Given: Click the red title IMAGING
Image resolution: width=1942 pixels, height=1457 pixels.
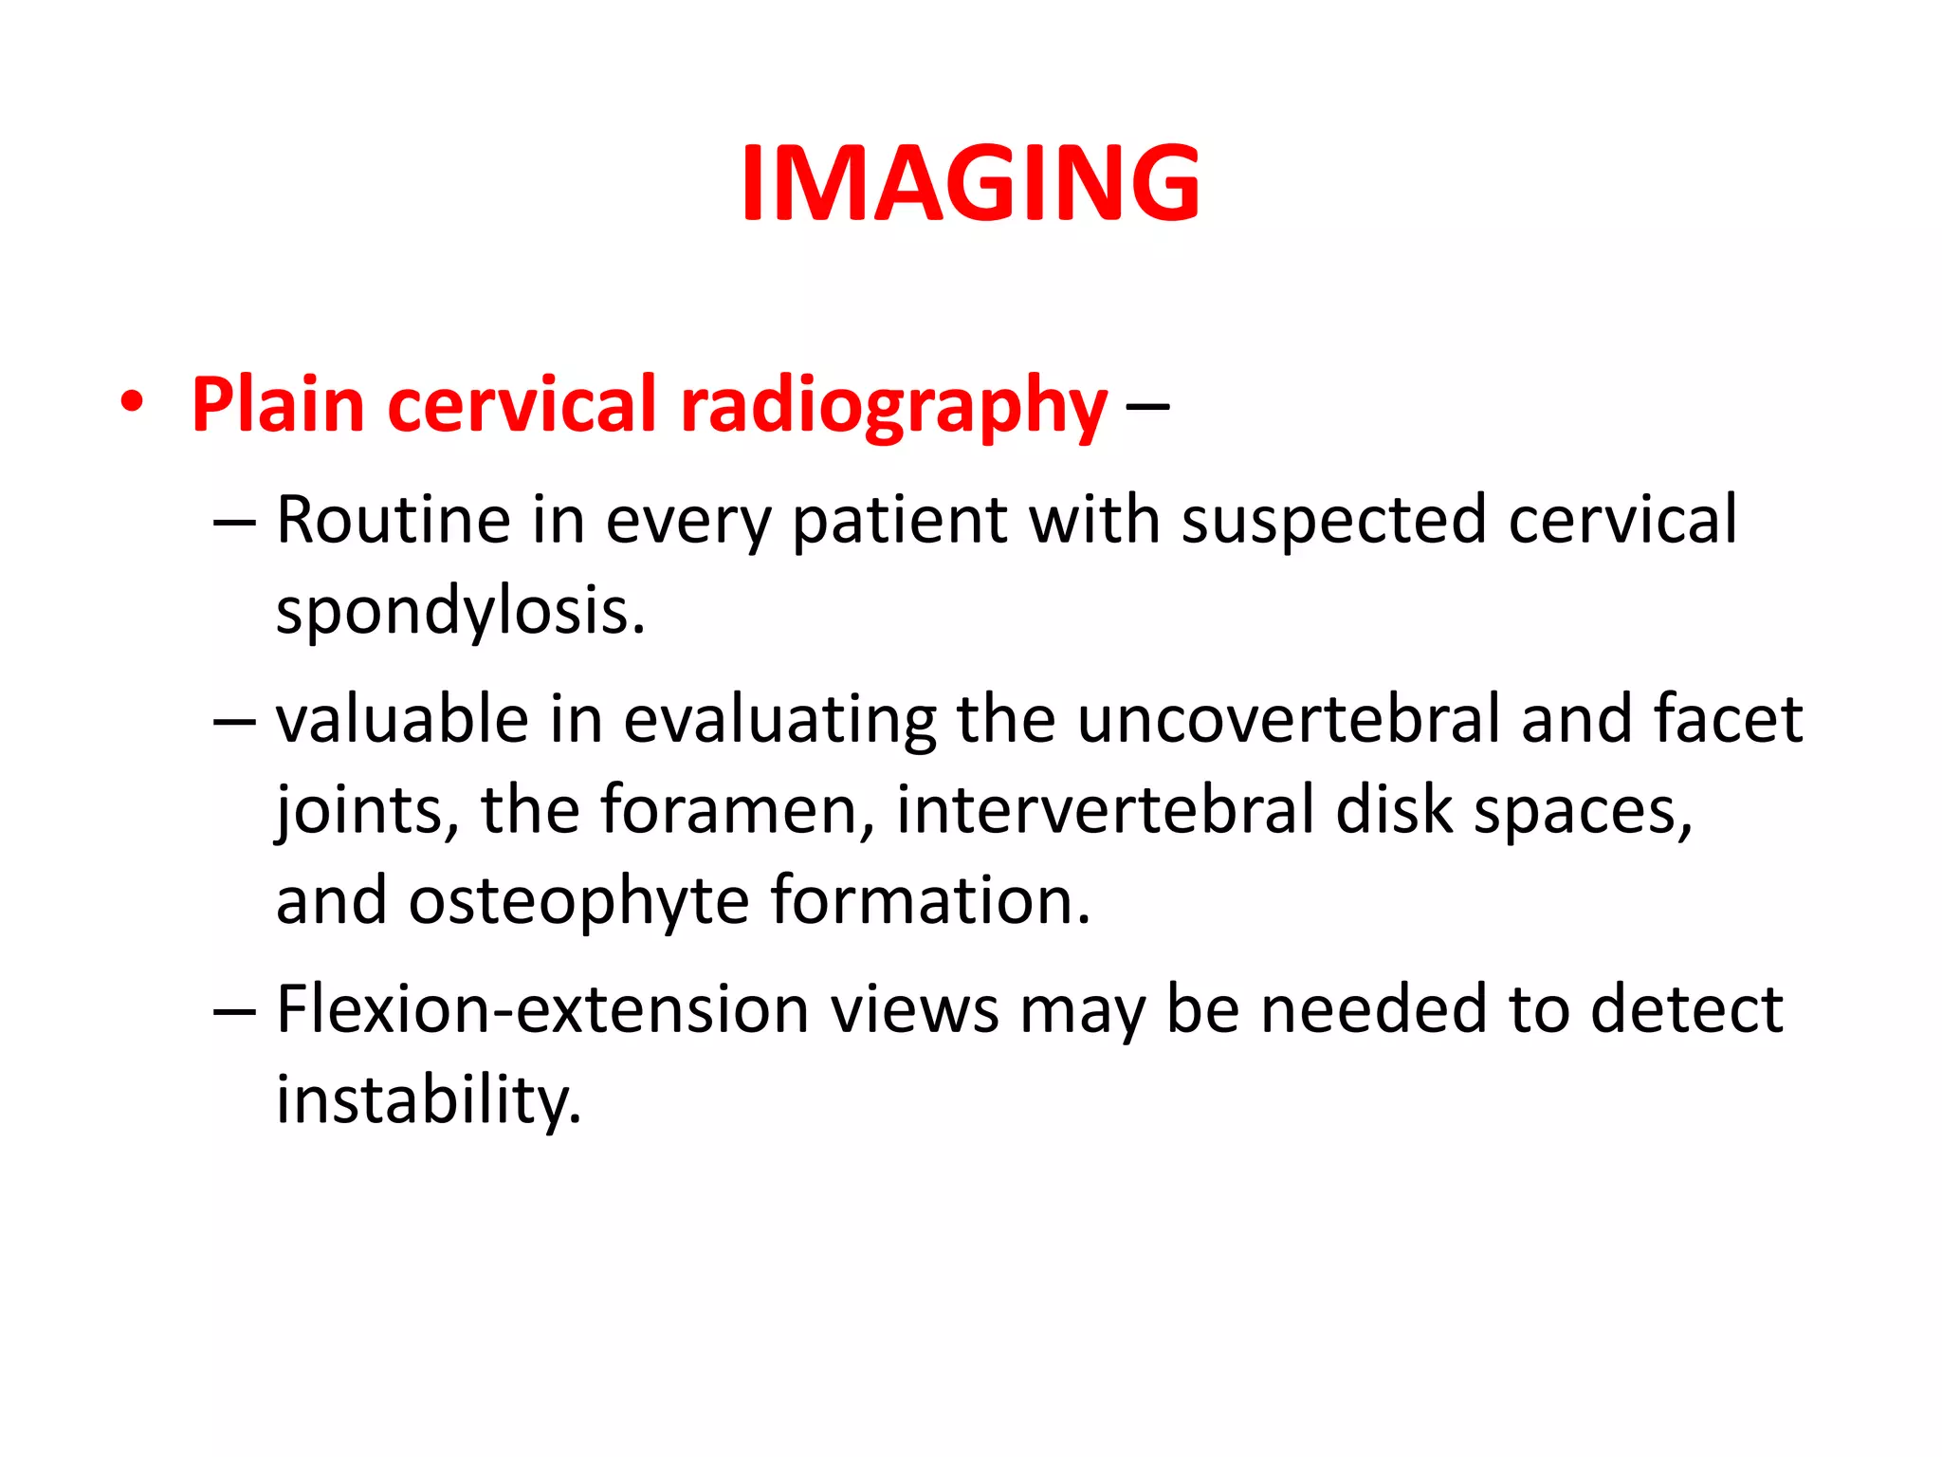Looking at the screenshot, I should click(970, 182).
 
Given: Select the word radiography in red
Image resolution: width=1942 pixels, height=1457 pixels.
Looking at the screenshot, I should click(893, 405).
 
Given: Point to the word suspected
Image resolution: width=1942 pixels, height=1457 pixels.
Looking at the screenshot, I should click(1333, 522).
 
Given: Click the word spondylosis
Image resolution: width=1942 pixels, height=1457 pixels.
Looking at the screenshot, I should click(460, 612).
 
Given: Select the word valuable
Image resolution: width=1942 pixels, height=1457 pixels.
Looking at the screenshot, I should click(402, 718).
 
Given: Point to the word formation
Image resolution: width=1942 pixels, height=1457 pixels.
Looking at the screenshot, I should click(929, 900).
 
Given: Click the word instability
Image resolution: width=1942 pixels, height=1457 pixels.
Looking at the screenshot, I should click(428, 1100).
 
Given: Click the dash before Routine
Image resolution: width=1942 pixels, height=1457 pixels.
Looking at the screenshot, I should click(234, 522).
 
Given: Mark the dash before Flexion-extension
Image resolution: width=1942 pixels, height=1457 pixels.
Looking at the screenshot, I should click(234, 1011).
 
